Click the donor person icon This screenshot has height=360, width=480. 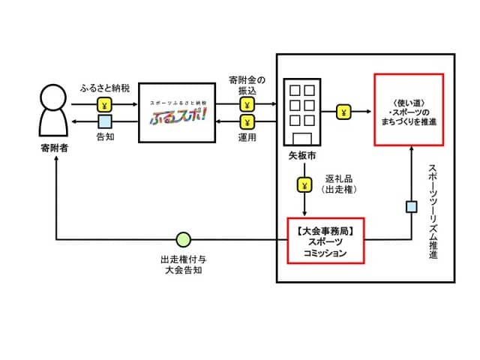(54, 113)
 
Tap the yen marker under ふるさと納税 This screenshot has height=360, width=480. (104, 104)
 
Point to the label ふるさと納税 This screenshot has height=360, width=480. (104, 88)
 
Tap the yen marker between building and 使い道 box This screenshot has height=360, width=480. (343, 112)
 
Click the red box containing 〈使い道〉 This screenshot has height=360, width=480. (409, 109)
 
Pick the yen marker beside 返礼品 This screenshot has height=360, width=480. (304, 184)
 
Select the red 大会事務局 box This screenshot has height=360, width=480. (325, 241)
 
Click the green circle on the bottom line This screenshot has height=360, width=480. (183, 240)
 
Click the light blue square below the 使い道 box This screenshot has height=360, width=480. (411, 207)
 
